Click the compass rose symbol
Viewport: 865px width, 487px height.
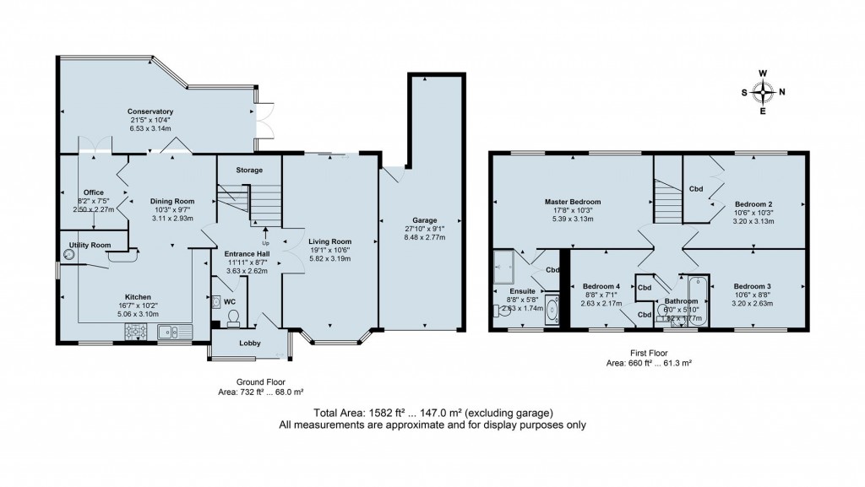pos(764,92)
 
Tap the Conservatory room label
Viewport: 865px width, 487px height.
pos(150,111)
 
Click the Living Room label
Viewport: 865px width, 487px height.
pos(330,241)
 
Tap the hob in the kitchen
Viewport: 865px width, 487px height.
pos(138,333)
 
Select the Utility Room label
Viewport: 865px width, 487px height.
pos(90,245)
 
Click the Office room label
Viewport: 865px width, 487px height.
pos(94,192)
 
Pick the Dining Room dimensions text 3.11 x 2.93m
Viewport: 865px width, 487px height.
pos(172,219)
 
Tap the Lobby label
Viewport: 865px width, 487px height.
pos(249,343)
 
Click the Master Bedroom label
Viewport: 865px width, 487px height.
pos(573,202)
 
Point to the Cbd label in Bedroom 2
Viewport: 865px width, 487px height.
pos(697,189)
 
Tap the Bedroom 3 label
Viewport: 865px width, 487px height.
pos(752,287)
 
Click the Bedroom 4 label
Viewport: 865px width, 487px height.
pos(601,287)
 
